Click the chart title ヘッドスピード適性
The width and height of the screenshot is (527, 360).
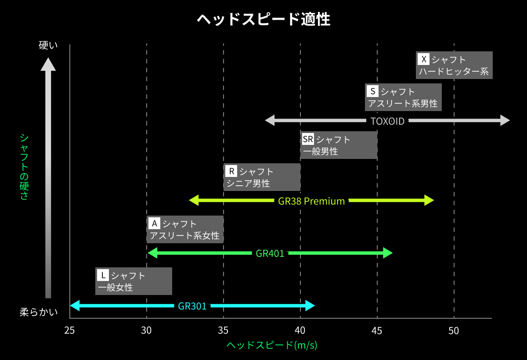[x=263, y=19]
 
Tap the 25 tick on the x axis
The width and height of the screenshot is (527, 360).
[x=69, y=331]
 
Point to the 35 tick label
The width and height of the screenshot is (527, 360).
[x=223, y=331]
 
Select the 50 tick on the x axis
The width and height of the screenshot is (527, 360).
[x=454, y=331]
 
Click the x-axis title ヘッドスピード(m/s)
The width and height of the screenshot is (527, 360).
[x=272, y=345]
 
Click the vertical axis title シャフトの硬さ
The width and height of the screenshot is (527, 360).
[x=24, y=167]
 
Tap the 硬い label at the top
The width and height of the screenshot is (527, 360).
[x=48, y=45]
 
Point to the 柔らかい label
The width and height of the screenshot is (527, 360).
[x=39, y=312]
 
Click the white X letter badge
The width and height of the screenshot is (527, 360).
[x=423, y=59]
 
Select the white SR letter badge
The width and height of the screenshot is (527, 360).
[x=308, y=139]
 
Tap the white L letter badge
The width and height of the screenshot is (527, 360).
[x=103, y=275]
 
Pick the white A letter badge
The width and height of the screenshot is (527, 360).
[x=154, y=223]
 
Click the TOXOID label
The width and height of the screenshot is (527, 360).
[x=387, y=121]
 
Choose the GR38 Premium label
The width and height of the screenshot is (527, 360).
[x=311, y=201]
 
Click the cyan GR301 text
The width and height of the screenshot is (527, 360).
[x=192, y=306]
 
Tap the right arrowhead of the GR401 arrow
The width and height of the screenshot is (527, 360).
[x=388, y=253]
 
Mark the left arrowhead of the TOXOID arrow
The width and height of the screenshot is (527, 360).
[x=270, y=120]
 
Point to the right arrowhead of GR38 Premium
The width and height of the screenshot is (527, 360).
[x=430, y=200]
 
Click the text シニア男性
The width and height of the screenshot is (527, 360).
[x=248, y=184]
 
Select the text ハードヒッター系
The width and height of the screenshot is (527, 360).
[x=454, y=72]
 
